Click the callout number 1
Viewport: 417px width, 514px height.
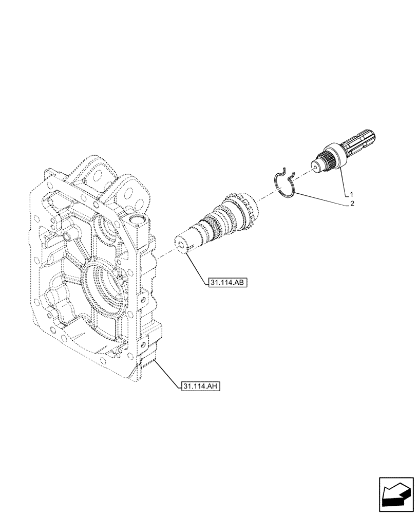pos(351,194)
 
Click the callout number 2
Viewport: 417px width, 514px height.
pos(351,204)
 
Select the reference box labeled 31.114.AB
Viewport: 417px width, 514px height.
pos(228,282)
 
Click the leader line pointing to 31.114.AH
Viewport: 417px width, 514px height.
pos(167,373)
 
